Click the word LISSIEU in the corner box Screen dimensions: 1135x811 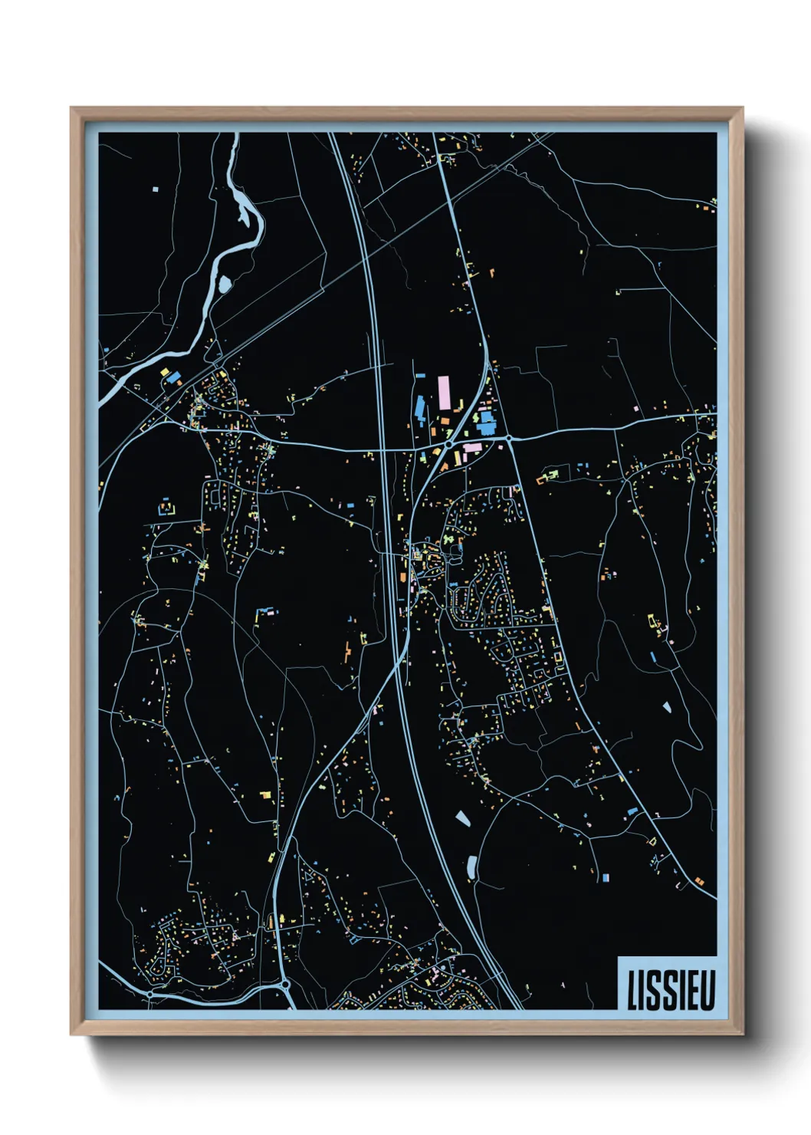(x=671, y=990)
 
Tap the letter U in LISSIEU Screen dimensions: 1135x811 (x=707, y=990)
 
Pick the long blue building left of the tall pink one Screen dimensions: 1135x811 (x=419, y=406)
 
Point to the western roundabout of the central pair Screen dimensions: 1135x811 (x=448, y=443)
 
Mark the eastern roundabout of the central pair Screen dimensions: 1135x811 (x=508, y=438)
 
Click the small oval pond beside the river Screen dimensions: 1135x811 (x=224, y=285)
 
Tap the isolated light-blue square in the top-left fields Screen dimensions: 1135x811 (x=155, y=188)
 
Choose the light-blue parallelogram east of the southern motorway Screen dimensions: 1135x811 (x=463, y=818)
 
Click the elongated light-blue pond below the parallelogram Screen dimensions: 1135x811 (x=471, y=867)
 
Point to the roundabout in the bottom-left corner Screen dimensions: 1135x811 (x=150, y=993)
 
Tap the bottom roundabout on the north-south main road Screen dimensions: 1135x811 (x=285, y=983)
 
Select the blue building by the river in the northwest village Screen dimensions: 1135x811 (x=174, y=377)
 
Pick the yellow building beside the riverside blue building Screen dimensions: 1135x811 (x=164, y=372)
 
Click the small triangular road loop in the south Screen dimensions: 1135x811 (x=309, y=873)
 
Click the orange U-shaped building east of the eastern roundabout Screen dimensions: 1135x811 (x=547, y=478)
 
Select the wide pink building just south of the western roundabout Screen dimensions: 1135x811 (x=472, y=447)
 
